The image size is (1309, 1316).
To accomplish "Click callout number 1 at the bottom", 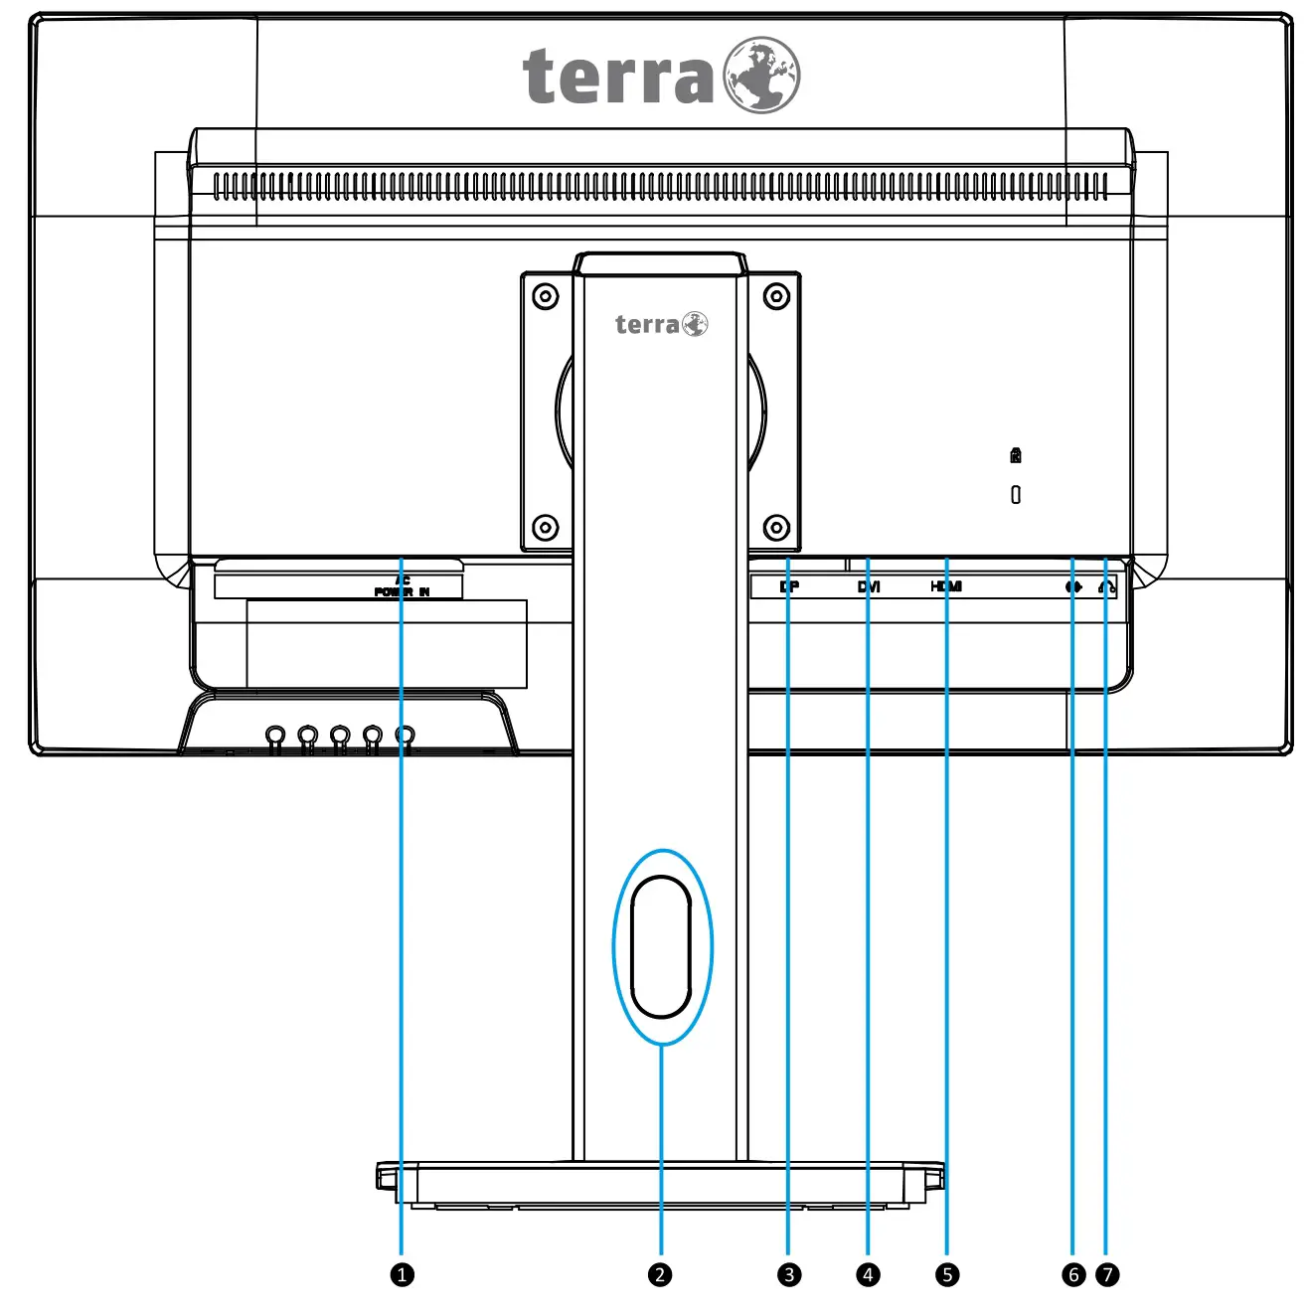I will tap(402, 1274).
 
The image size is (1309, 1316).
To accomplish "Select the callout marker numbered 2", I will tap(660, 1274).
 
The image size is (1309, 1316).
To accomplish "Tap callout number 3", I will tap(789, 1274).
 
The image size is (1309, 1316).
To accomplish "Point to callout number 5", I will tap(947, 1274).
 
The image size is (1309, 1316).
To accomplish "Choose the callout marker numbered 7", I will tap(1107, 1274).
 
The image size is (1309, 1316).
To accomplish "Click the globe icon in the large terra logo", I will tap(761, 76).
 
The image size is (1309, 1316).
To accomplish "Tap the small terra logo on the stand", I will tap(661, 325).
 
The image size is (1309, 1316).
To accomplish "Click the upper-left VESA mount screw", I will tap(546, 296).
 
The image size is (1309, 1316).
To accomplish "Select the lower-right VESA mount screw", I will tap(776, 527).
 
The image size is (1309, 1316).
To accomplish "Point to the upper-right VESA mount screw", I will tap(776, 296).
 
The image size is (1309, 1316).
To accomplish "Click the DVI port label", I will tap(869, 586).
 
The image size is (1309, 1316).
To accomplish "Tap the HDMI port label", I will tap(946, 586).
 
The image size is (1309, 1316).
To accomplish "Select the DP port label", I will tap(789, 586).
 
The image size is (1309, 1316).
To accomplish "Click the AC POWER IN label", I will tap(403, 586).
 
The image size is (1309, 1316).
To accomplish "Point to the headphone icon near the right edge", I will tap(1107, 587).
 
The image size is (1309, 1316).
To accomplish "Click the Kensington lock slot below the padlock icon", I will tap(1015, 494).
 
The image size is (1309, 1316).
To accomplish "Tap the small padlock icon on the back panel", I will tap(1015, 455).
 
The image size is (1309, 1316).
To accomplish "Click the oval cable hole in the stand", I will tap(661, 947).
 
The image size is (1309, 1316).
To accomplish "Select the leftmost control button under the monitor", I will tap(276, 736).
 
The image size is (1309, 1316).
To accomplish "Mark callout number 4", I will tap(868, 1274).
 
